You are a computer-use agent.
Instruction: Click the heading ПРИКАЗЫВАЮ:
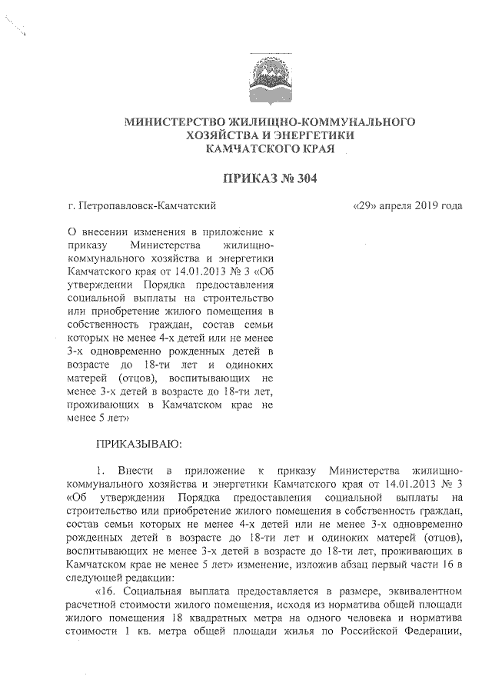pyautogui.click(x=138, y=444)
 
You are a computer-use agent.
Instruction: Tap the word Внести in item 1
pyautogui.click(x=135, y=469)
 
